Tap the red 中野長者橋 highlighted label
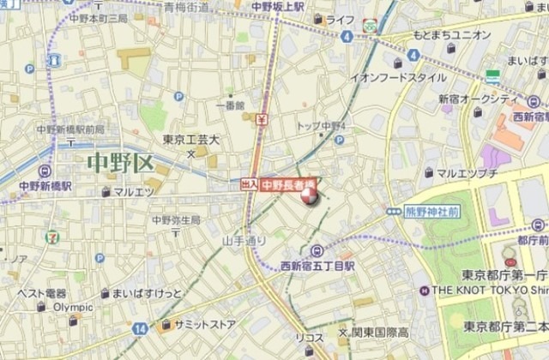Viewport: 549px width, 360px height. click(x=288, y=183)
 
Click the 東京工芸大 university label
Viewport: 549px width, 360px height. click(x=190, y=140)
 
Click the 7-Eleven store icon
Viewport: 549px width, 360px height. click(x=54, y=234)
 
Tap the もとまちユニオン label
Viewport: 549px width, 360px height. click(x=452, y=35)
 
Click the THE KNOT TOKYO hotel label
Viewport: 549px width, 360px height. click(x=481, y=291)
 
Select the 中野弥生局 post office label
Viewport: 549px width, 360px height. click(x=176, y=219)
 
